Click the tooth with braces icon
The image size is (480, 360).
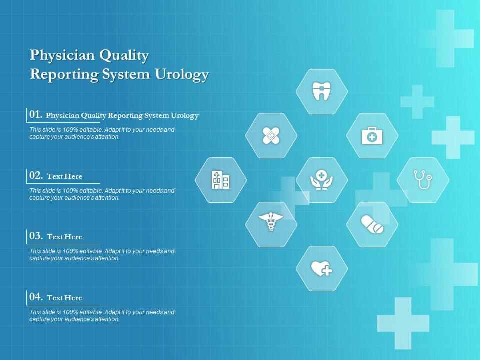point(322,91)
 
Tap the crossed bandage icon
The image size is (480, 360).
point(271,135)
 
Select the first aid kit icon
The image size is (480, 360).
point(372,135)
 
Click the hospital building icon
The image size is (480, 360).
point(220,180)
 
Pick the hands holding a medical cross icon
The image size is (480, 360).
point(322,180)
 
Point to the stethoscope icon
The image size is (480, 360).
point(423,180)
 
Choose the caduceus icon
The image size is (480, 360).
point(271,224)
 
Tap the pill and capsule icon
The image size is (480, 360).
point(372,224)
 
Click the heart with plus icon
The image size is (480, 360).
point(322,269)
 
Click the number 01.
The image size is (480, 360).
point(35,115)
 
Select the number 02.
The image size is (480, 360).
point(36,176)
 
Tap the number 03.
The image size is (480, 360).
point(36,236)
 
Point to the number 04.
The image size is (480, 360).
point(36,297)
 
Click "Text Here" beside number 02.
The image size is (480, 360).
point(64,176)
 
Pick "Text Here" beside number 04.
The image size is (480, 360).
point(64,298)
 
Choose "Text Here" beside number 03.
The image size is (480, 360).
point(64,237)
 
